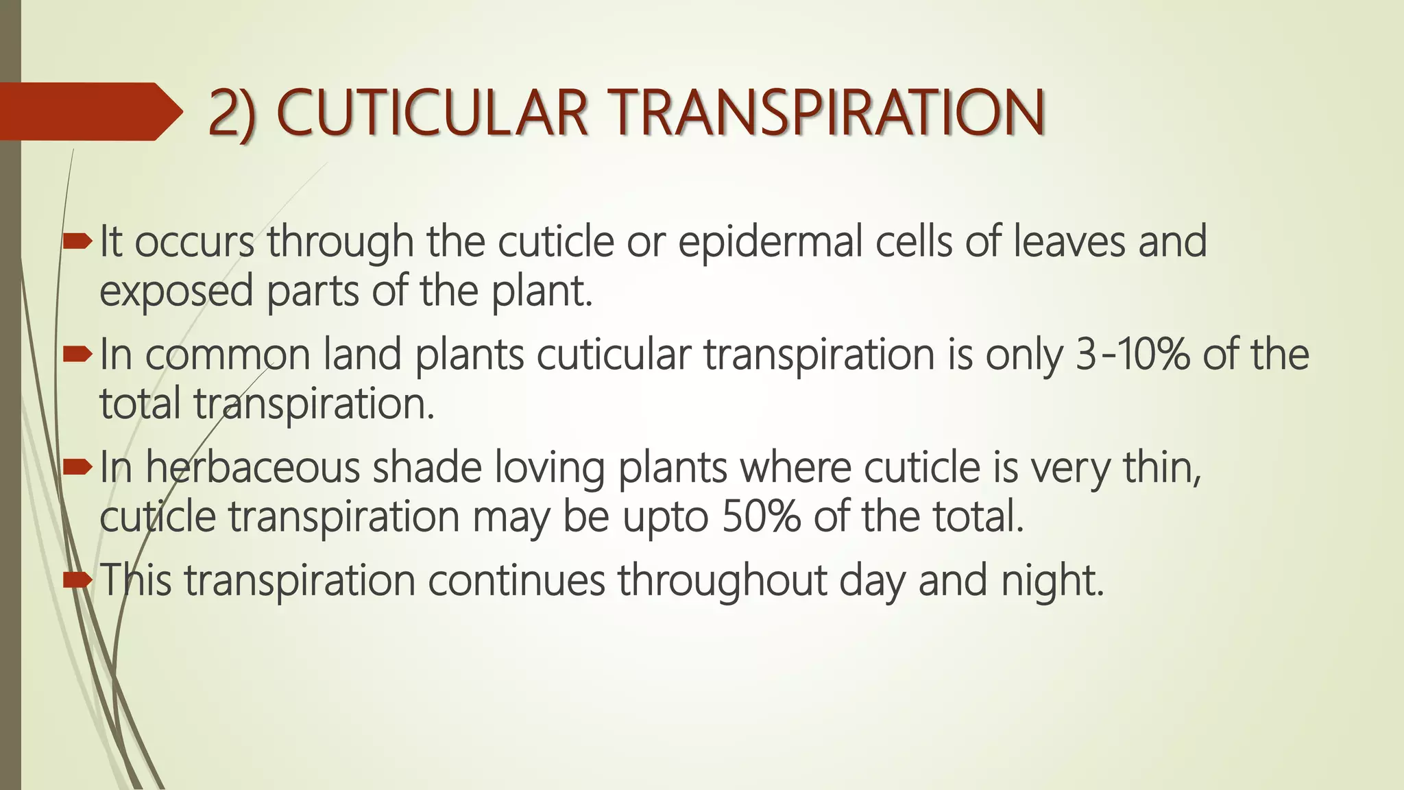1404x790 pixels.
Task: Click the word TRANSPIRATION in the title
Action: [828, 112]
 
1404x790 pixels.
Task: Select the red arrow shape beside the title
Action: [89, 111]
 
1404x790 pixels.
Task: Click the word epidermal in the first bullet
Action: [770, 243]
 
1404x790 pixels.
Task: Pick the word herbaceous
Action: [252, 468]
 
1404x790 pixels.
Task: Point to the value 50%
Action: [761, 517]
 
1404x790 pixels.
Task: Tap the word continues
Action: [517, 580]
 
